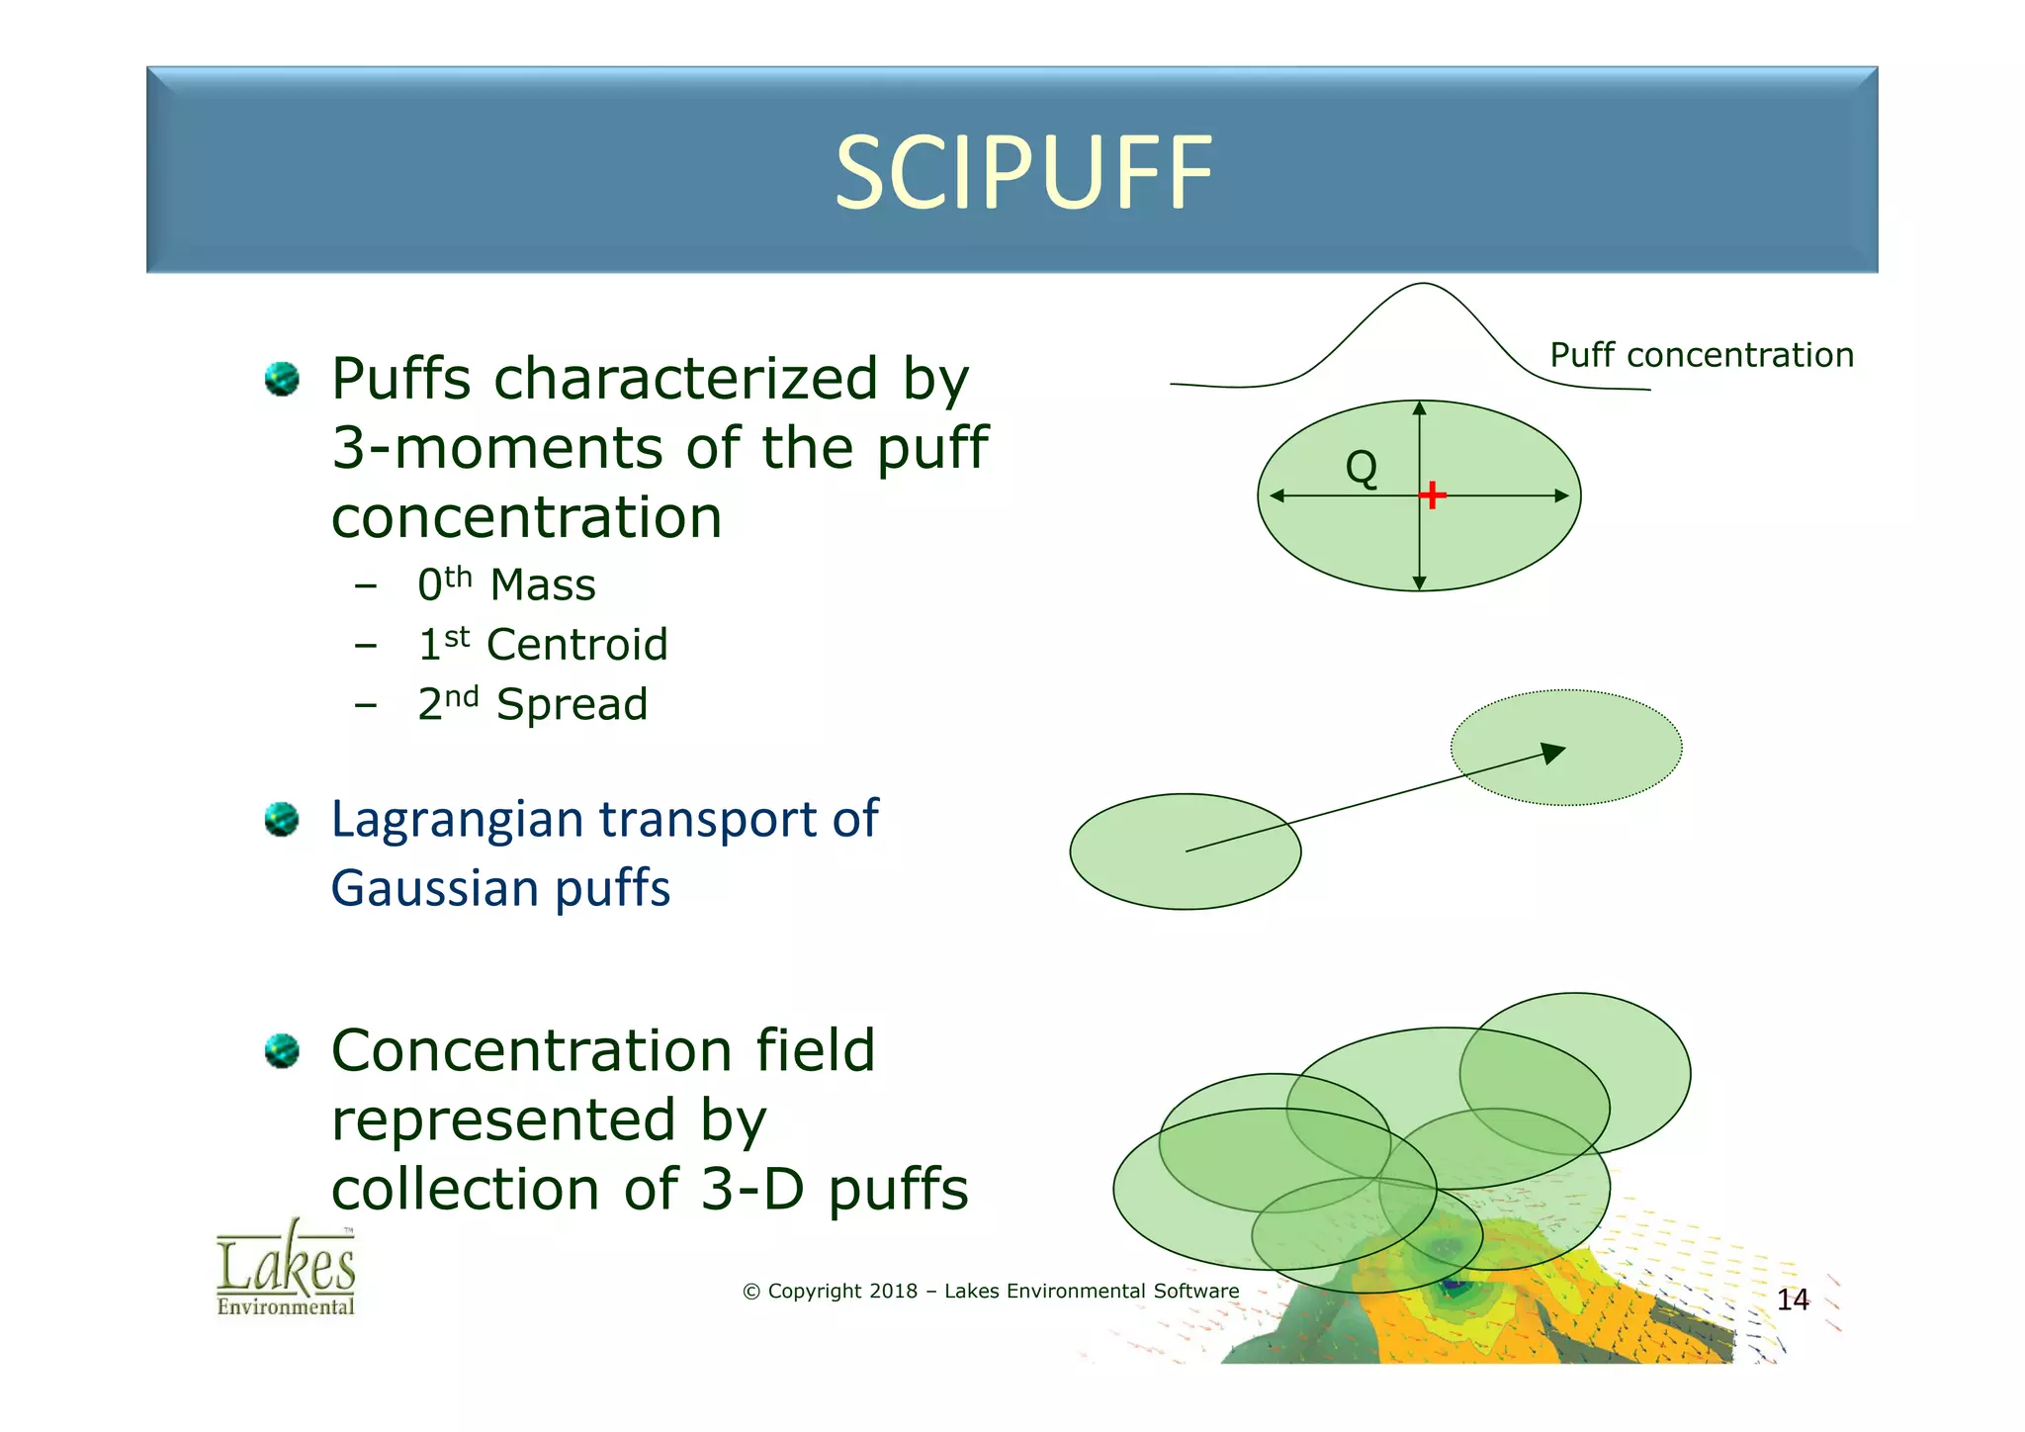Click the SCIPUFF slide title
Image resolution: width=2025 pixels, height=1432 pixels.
(1023, 174)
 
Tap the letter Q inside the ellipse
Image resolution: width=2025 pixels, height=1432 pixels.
(1362, 467)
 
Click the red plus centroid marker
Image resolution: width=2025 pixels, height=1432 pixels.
(1432, 494)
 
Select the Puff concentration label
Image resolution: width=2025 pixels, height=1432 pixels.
(1701, 355)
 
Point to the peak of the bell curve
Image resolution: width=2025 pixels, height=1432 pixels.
(1422, 285)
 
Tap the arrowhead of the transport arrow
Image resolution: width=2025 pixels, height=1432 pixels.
(1555, 753)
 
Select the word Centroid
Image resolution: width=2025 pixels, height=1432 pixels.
(577, 645)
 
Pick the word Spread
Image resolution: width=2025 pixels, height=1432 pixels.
(572, 705)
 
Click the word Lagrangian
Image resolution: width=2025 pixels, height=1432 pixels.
(458, 820)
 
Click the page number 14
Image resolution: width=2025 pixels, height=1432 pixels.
(1793, 1299)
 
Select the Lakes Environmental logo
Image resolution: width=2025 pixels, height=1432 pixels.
(286, 1269)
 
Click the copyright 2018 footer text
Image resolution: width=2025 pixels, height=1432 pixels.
(990, 1291)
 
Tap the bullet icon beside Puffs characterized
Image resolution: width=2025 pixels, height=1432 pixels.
(282, 380)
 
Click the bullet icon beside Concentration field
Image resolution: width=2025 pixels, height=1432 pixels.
(282, 1051)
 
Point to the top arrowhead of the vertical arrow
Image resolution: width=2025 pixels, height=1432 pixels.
(1419, 407)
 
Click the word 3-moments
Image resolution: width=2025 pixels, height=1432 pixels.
(497, 448)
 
